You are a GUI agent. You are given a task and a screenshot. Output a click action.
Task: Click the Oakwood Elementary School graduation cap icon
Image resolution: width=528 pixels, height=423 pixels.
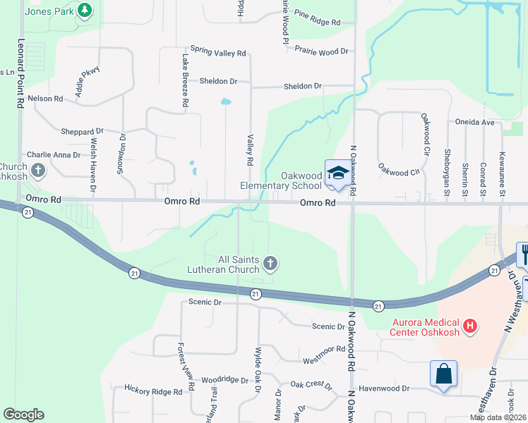(x=337, y=173)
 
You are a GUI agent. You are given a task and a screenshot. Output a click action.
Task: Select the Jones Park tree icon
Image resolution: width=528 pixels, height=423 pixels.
(x=85, y=11)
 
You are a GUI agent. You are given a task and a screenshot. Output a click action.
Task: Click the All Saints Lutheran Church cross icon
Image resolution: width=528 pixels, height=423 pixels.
(x=269, y=264)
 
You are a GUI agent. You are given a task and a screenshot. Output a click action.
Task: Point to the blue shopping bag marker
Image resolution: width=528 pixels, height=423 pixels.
(x=444, y=374)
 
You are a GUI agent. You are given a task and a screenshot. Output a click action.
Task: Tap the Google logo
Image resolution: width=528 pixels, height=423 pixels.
(x=23, y=415)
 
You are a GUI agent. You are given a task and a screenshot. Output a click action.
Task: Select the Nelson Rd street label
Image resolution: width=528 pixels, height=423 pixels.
(x=46, y=99)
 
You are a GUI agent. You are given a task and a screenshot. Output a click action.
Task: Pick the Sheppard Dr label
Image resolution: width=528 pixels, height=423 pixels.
(x=83, y=132)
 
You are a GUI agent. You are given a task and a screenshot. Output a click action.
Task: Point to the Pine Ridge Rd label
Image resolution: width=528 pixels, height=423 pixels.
(x=317, y=18)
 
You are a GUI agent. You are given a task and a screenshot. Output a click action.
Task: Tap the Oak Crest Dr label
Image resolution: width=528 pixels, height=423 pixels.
(x=311, y=385)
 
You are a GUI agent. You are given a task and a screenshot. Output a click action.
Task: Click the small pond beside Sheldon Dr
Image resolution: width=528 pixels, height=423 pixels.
(x=225, y=102)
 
